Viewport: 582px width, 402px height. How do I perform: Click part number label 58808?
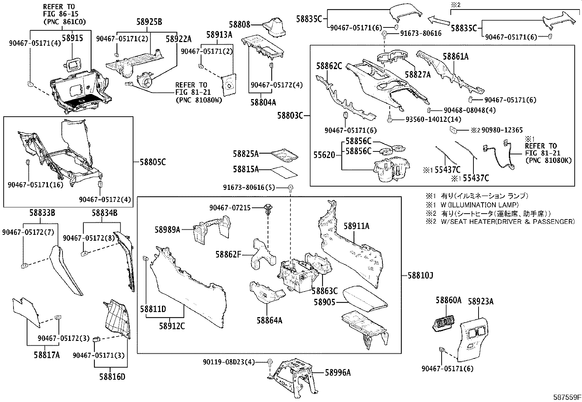point(239,25)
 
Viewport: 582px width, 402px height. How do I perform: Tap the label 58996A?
point(338,372)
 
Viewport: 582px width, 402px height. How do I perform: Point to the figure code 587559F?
point(566,397)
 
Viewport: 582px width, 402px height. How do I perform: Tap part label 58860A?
point(448,301)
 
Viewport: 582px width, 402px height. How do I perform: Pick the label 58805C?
point(152,162)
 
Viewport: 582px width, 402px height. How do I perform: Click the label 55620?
point(324,155)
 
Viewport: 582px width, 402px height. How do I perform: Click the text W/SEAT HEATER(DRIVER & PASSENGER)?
point(504,221)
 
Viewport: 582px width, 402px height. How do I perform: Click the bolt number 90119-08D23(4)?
point(228,362)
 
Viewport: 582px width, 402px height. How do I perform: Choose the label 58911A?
point(356,226)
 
